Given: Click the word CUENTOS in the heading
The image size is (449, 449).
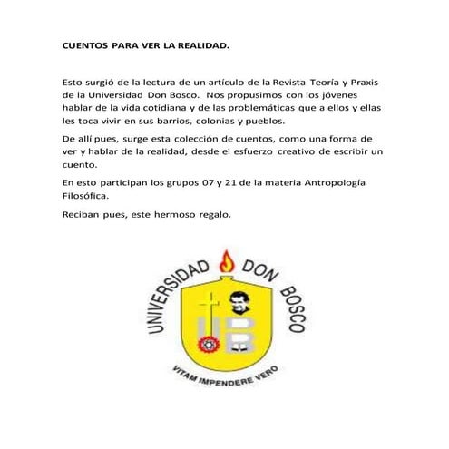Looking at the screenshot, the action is [85, 44].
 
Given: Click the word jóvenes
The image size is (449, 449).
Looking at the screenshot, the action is [356, 94].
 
